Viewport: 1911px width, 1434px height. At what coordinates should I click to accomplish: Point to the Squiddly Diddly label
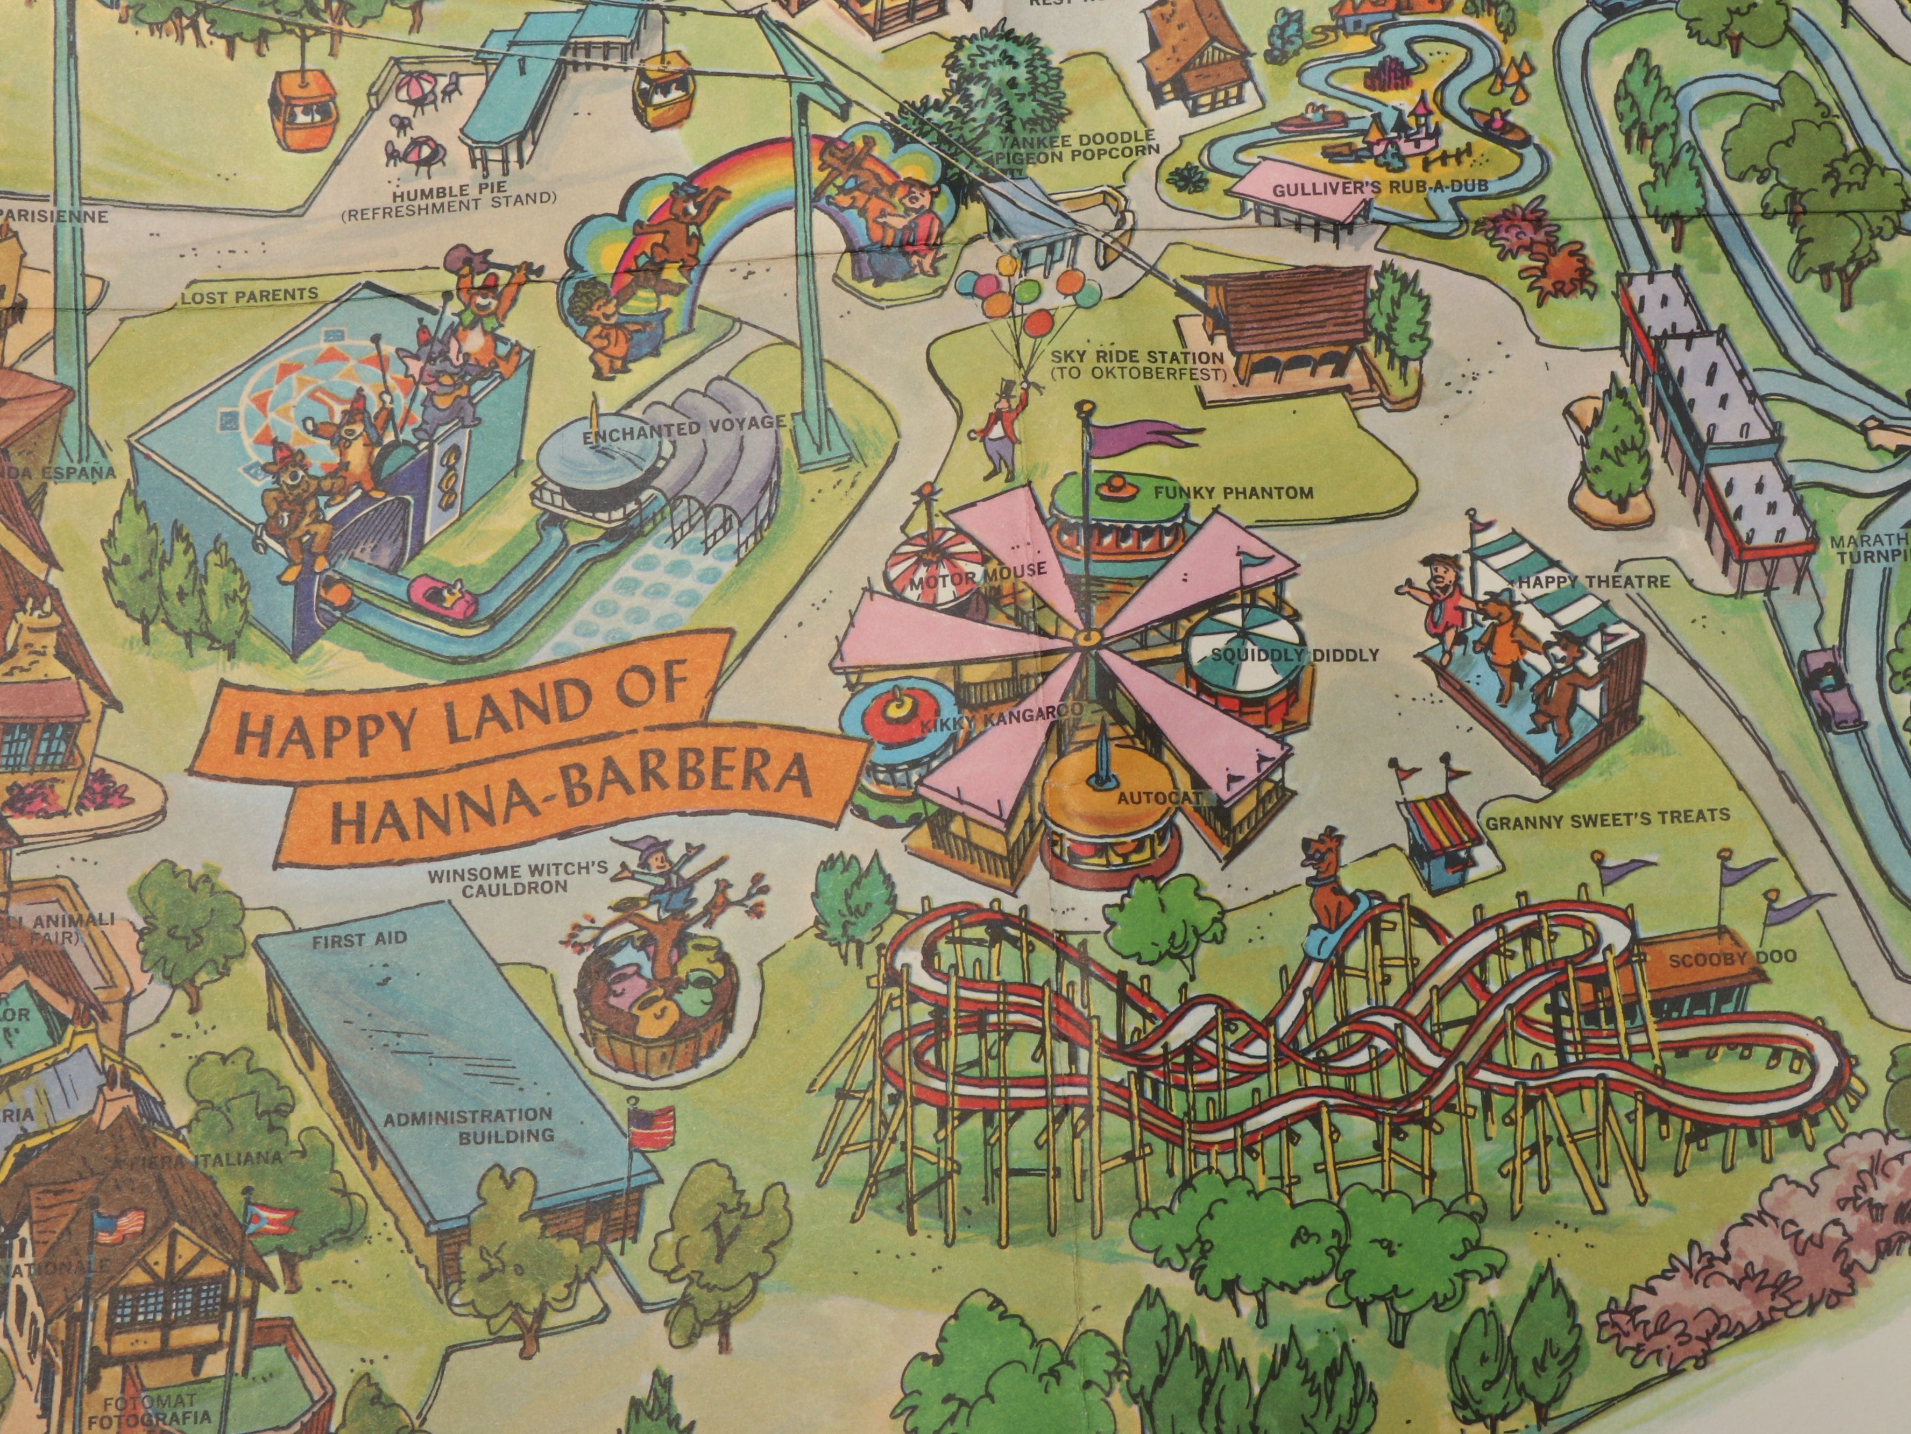[1295, 655]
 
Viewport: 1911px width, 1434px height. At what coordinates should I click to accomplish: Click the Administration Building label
[468, 1126]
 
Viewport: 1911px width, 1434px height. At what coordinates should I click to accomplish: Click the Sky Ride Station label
[1136, 365]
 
